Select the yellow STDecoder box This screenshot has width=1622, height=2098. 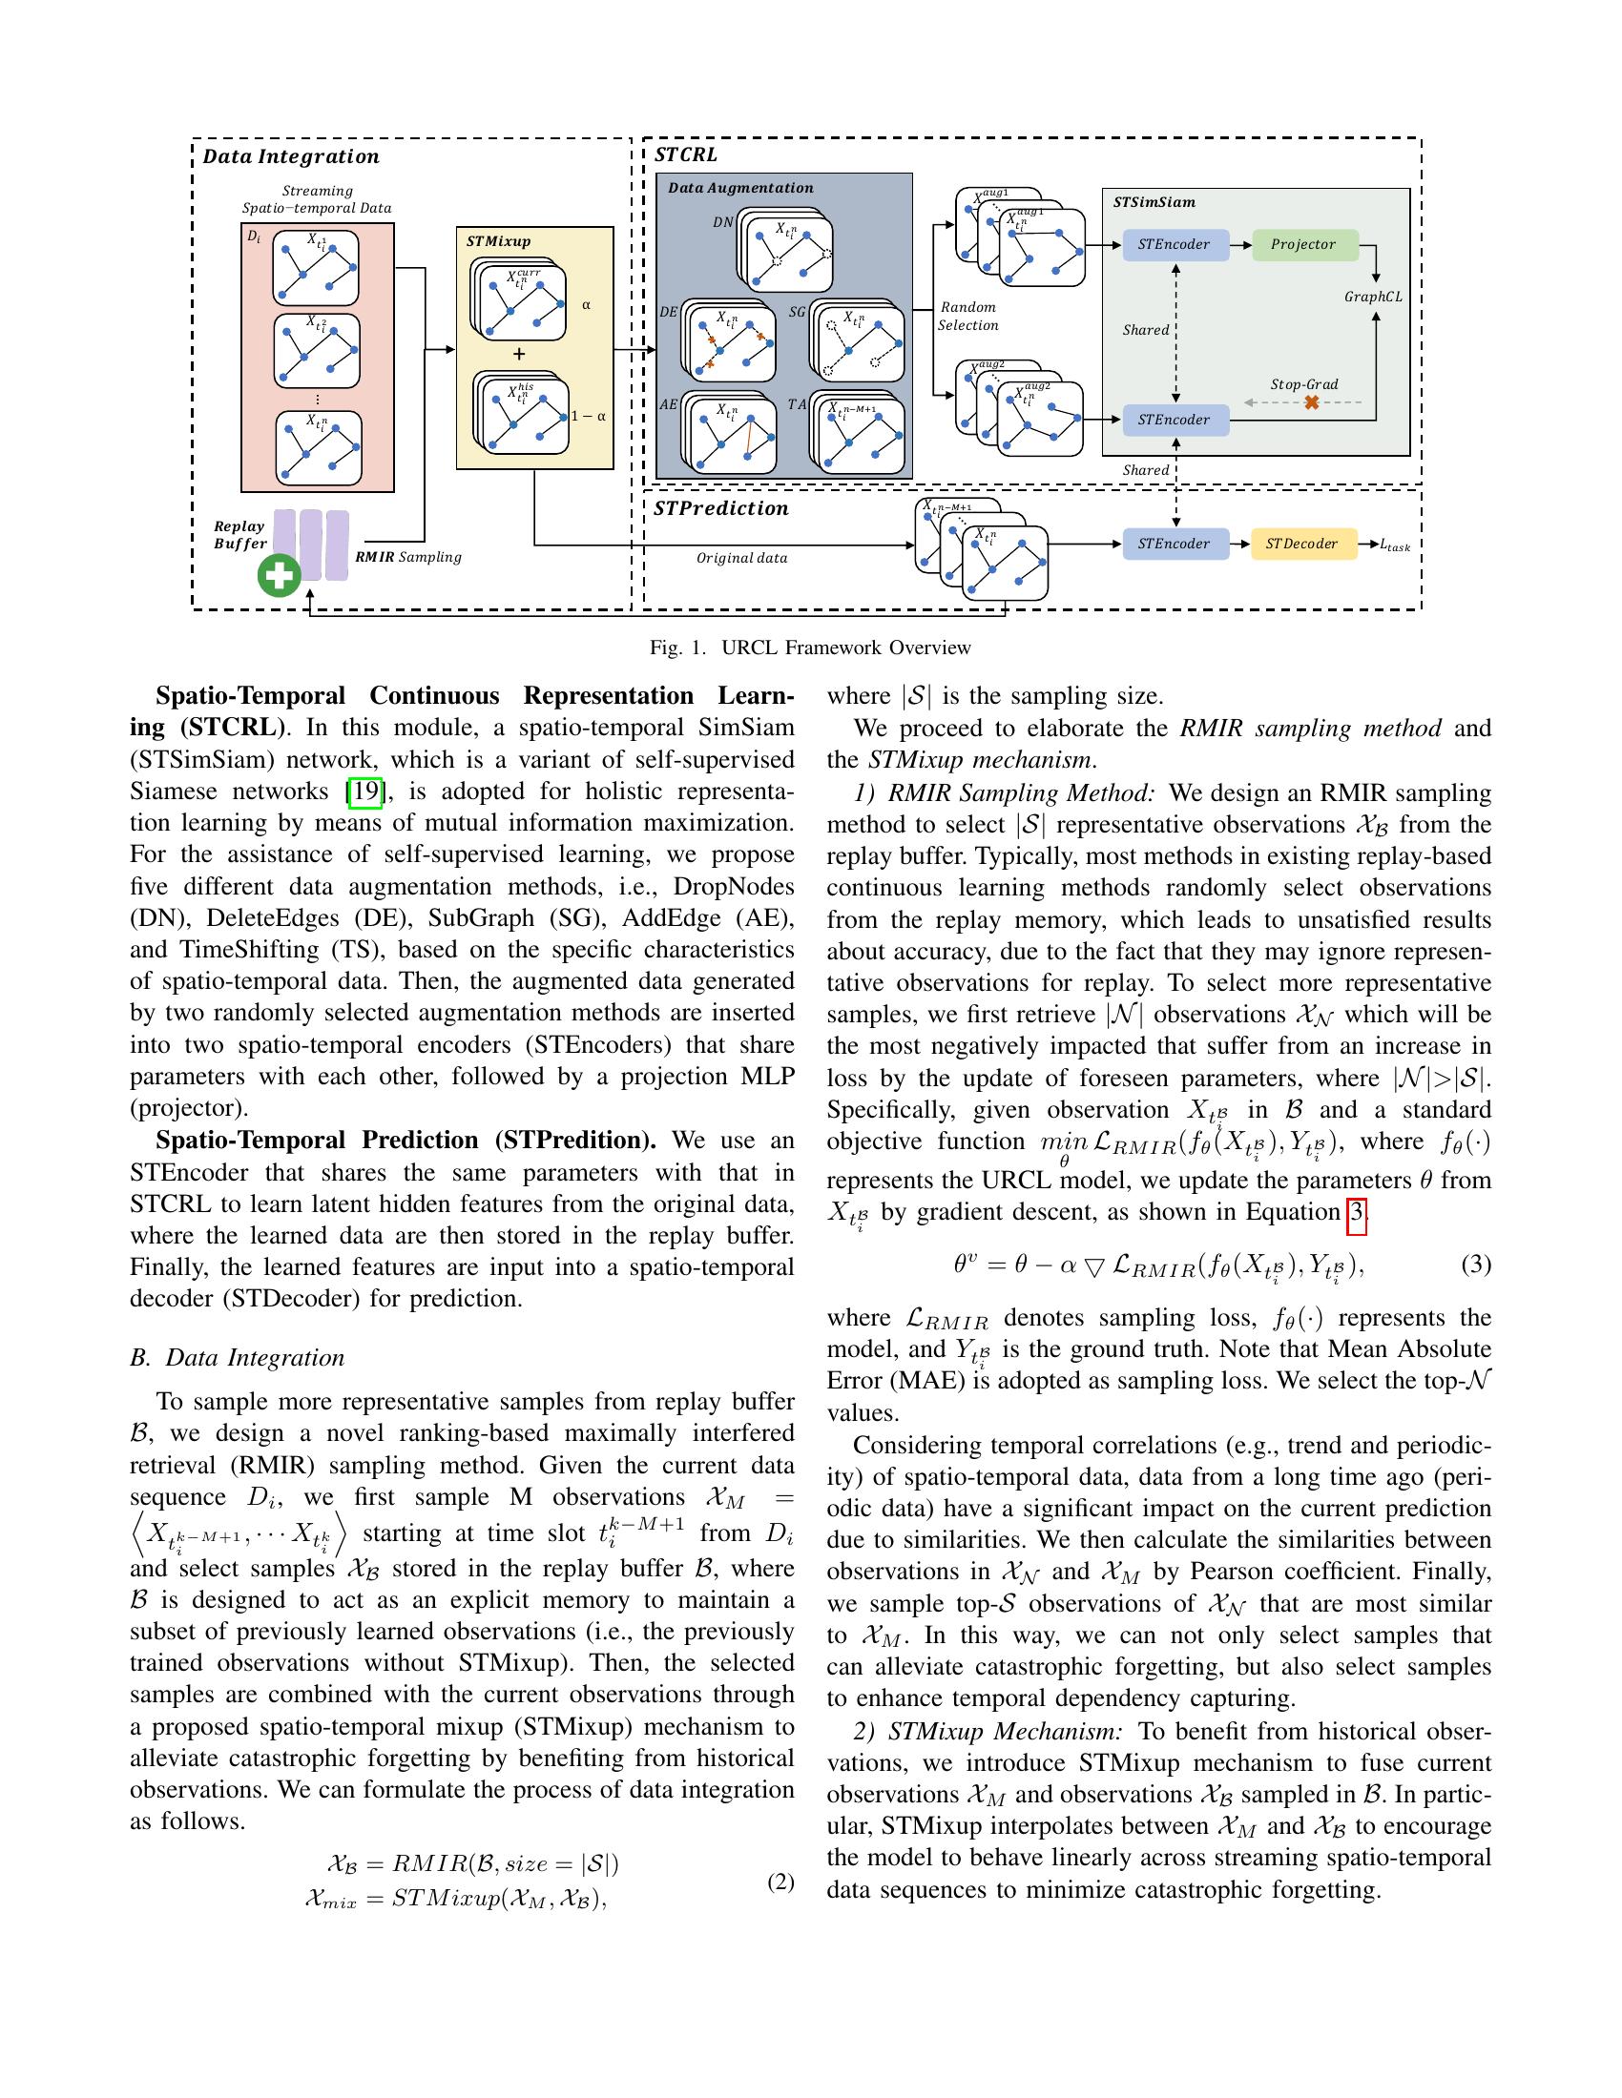(1302, 544)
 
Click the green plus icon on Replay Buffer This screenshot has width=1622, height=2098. (280, 575)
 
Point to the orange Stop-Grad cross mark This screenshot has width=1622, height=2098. (1311, 402)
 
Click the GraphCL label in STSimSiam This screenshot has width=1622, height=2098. (1373, 297)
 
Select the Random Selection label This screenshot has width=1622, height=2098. (967, 316)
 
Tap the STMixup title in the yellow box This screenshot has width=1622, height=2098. (499, 241)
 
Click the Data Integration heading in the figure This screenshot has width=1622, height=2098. (291, 156)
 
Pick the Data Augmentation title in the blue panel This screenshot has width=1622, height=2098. (740, 188)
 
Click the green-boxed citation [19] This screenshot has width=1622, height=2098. (365, 792)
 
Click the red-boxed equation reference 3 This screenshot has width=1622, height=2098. (1356, 1212)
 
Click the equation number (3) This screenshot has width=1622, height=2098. (1476, 1265)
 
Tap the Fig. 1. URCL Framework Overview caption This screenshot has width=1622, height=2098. (810, 648)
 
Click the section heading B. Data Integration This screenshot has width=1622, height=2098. (237, 1357)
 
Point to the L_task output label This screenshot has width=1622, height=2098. (1395, 545)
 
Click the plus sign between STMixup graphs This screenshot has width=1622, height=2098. (519, 354)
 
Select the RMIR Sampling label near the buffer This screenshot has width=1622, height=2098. (408, 556)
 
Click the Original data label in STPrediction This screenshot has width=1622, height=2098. (741, 558)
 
